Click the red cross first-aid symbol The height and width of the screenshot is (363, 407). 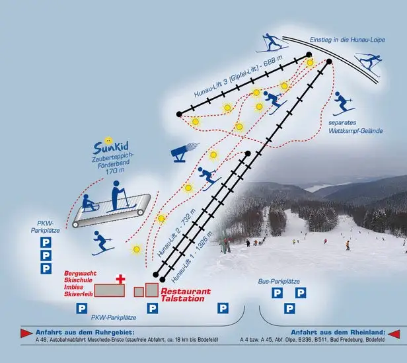(x=120, y=279)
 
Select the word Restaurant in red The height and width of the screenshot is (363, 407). (x=186, y=292)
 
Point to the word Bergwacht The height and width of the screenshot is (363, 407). (x=79, y=273)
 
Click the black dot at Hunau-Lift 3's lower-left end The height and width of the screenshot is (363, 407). (x=178, y=114)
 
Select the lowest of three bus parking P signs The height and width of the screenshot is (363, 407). (x=288, y=308)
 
